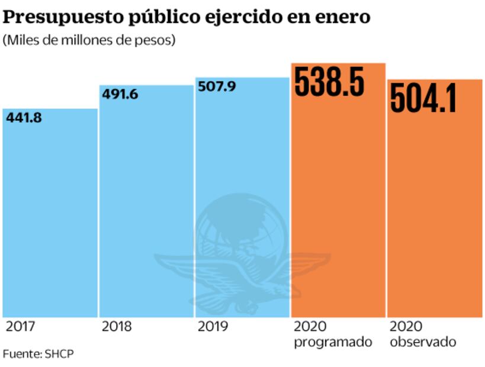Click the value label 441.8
click(23, 117)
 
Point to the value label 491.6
click(120, 94)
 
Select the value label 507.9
click(217, 86)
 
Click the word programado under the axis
click(333, 342)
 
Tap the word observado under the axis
click(423, 342)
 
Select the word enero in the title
click(342, 18)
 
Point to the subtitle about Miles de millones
click(89, 41)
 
